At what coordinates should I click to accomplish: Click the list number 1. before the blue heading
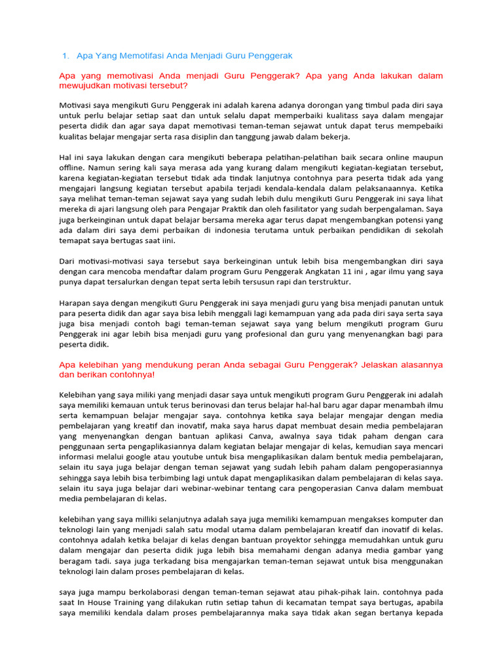point(65,56)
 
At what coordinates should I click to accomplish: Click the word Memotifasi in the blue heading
point(140,56)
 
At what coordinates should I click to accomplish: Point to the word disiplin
point(225,136)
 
